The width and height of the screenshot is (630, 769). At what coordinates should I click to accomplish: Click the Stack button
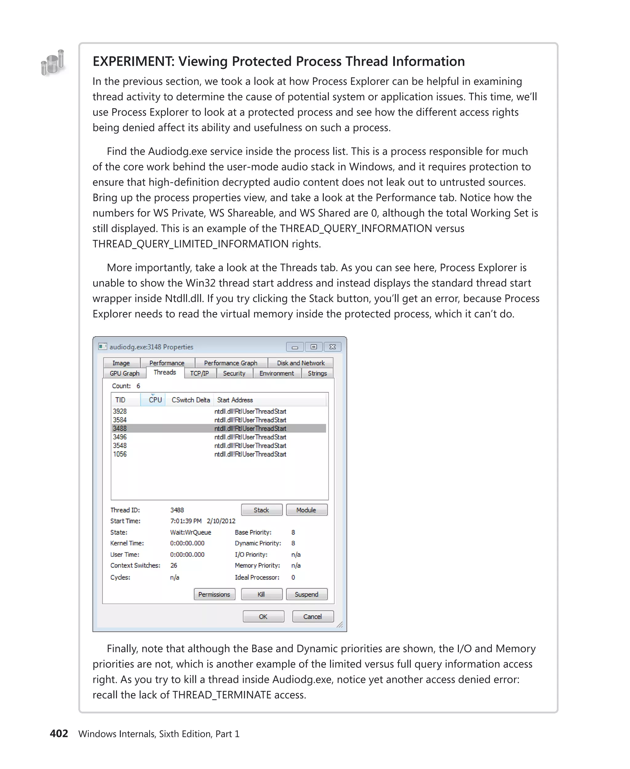(261, 510)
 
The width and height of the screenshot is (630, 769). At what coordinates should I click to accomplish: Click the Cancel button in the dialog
(313, 616)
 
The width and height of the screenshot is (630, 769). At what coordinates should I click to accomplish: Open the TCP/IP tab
(200, 373)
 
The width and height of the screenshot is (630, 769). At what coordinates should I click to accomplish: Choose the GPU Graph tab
(125, 373)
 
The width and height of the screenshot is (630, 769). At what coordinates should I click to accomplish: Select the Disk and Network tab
(301, 363)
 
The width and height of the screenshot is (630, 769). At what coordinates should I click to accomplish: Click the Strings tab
(317, 373)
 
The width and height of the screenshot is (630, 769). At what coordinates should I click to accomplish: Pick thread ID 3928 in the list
(120, 411)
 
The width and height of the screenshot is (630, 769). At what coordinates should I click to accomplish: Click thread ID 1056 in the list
(120, 454)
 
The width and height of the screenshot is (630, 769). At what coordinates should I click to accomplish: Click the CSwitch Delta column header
(190, 400)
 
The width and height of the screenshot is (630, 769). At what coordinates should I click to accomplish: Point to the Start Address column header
(235, 400)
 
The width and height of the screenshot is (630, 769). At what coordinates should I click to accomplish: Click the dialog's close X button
(333, 347)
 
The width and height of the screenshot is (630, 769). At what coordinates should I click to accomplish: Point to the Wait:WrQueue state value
(190, 532)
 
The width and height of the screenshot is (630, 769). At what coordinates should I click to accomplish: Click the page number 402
(59, 733)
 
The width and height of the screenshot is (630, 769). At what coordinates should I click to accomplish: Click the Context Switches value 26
(174, 565)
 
